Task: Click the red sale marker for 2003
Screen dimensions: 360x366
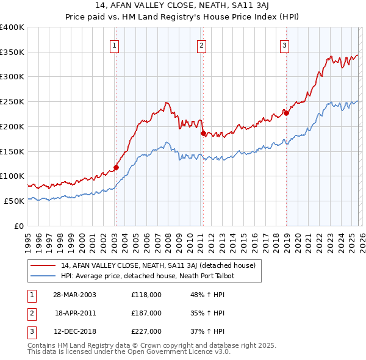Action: (116, 167)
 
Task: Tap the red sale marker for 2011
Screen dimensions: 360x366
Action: (203, 132)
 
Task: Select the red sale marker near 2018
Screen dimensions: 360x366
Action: (285, 112)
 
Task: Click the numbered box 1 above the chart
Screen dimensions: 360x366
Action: (115, 44)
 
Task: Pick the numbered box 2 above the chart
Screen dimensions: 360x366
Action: (201, 44)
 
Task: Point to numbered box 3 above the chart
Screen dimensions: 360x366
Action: (284, 44)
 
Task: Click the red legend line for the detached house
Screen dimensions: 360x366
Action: (44, 265)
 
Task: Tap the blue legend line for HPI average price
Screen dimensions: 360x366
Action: (44, 276)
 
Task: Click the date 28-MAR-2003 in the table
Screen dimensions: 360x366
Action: (74, 295)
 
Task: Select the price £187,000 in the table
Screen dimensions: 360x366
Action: (146, 313)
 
